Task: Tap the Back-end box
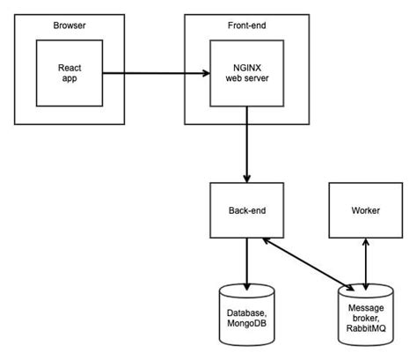pos(246,210)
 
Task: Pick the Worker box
pos(364,210)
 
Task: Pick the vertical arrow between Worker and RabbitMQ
pos(364,263)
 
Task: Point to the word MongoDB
pos(246,326)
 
